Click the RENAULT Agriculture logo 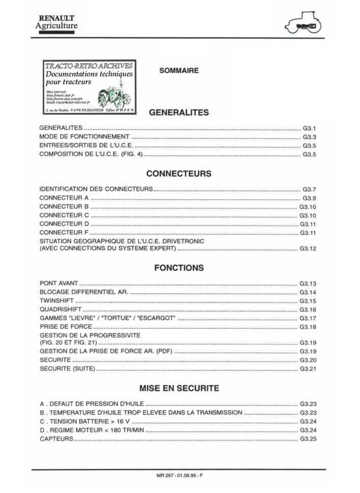point(57,23)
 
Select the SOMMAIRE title point(179,71)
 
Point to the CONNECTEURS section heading point(179,174)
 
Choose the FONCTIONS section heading point(179,268)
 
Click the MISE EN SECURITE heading point(179,388)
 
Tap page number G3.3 point(309,137)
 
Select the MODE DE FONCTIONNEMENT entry point(84,137)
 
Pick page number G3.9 point(309,198)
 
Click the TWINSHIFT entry point(56,301)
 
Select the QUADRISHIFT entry point(60,310)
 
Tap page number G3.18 point(308,326)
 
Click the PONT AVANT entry point(59,283)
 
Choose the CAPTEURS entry point(56,439)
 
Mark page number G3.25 point(308,439)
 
